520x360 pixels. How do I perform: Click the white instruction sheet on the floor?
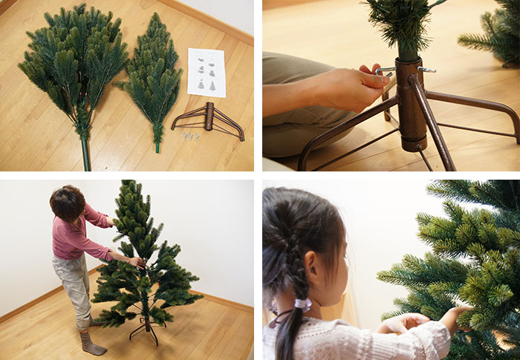pyautogui.click(x=207, y=73)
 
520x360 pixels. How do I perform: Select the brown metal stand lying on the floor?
pyautogui.click(x=209, y=120)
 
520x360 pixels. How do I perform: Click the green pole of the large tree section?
pyautogui.click(x=85, y=152)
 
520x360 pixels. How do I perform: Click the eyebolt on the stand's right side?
pyautogui.click(x=426, y=70)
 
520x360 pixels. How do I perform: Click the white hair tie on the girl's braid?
pyautogui.click(x=302, y=304)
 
